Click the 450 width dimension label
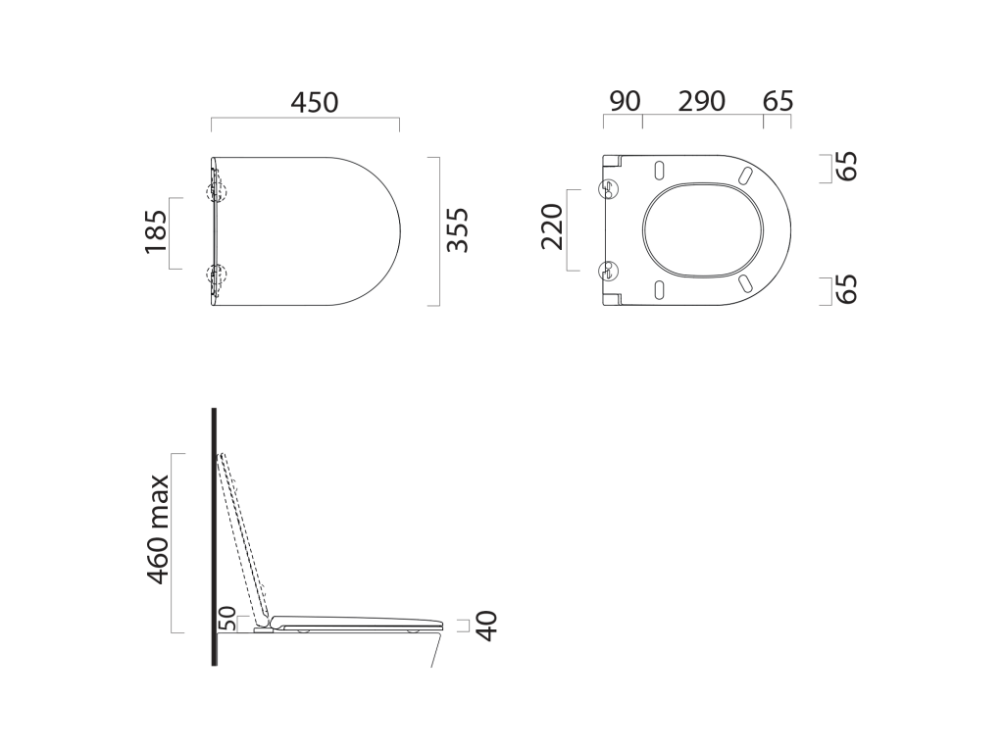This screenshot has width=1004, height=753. [315, 102]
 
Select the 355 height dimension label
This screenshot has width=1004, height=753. [458, 230]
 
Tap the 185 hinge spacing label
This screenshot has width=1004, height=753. [156, 231]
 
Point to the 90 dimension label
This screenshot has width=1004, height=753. [625, 101]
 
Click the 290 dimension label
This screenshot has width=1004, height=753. [702, 101]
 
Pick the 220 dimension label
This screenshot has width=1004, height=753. [552, 226]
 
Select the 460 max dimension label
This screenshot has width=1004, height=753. [158, 528]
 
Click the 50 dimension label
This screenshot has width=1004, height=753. [227, 619]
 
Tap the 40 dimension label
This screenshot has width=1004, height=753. [487, 626]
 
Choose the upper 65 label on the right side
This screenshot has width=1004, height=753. [846, 167]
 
